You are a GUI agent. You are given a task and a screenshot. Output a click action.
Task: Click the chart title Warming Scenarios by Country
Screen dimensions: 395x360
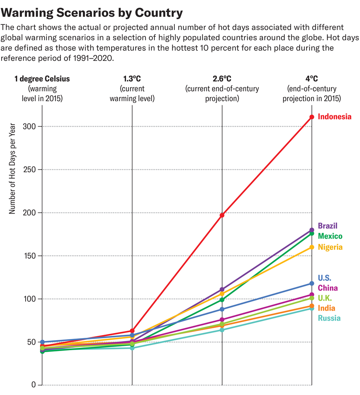[x=92, y=13]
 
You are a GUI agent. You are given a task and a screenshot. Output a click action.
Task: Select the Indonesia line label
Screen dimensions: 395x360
[x=334, y=117]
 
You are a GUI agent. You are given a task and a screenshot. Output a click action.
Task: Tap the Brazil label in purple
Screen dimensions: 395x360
[x=328, y=226]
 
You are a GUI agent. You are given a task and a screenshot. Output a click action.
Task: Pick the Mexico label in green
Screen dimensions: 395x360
[x=330, y=236]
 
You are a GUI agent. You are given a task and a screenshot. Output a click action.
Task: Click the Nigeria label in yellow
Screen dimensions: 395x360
[x=330, y=247]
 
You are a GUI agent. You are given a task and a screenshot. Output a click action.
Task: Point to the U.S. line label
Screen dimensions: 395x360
[x=324, y=278]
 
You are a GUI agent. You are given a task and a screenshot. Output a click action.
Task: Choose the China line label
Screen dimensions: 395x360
[x=328, y=288]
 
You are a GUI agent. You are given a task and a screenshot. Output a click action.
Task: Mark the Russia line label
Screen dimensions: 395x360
[x=329, y=318]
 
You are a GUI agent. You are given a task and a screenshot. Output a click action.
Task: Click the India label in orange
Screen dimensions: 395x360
[x=326, y=308]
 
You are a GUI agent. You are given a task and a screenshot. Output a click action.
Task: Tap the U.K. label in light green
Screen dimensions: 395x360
[x=324, y=298]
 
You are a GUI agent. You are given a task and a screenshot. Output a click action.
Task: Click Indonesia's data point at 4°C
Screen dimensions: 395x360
[x=312, y=117]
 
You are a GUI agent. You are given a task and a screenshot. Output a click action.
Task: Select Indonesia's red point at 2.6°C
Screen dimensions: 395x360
[x=222, y=215]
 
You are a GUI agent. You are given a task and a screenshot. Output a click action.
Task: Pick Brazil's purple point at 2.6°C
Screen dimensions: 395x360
[x=222, y=289]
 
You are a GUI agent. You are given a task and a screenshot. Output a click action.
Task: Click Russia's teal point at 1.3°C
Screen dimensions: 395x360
[x=132, y=348]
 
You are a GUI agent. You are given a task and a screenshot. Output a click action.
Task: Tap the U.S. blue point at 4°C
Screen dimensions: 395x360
[x=312, y=283]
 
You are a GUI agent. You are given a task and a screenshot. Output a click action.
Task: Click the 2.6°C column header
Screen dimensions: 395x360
[x=222, y=79]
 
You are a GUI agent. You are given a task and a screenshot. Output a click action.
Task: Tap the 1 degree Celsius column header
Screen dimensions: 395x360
[x=42, y=79]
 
